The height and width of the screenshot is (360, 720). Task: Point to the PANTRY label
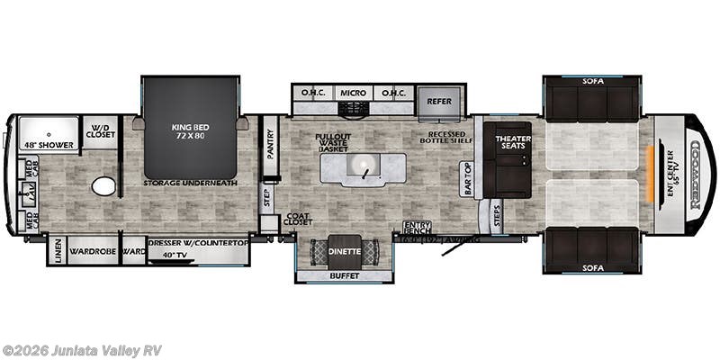pos(269,143)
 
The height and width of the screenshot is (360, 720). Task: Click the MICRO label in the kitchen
pos(353,93)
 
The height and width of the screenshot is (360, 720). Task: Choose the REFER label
pos(439,101)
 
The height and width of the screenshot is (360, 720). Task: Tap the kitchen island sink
pos(364,166)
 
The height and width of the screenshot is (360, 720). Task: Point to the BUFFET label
pos(346,275)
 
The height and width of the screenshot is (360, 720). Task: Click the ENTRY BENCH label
pos(416,230)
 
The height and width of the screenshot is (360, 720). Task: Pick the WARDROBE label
pos(93,251)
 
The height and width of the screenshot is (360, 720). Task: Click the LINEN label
pos(56,250)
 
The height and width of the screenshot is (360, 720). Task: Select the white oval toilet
pos(104,186)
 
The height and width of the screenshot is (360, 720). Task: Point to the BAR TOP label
pos(466,178)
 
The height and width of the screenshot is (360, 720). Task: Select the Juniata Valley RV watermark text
pos(82,350)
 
